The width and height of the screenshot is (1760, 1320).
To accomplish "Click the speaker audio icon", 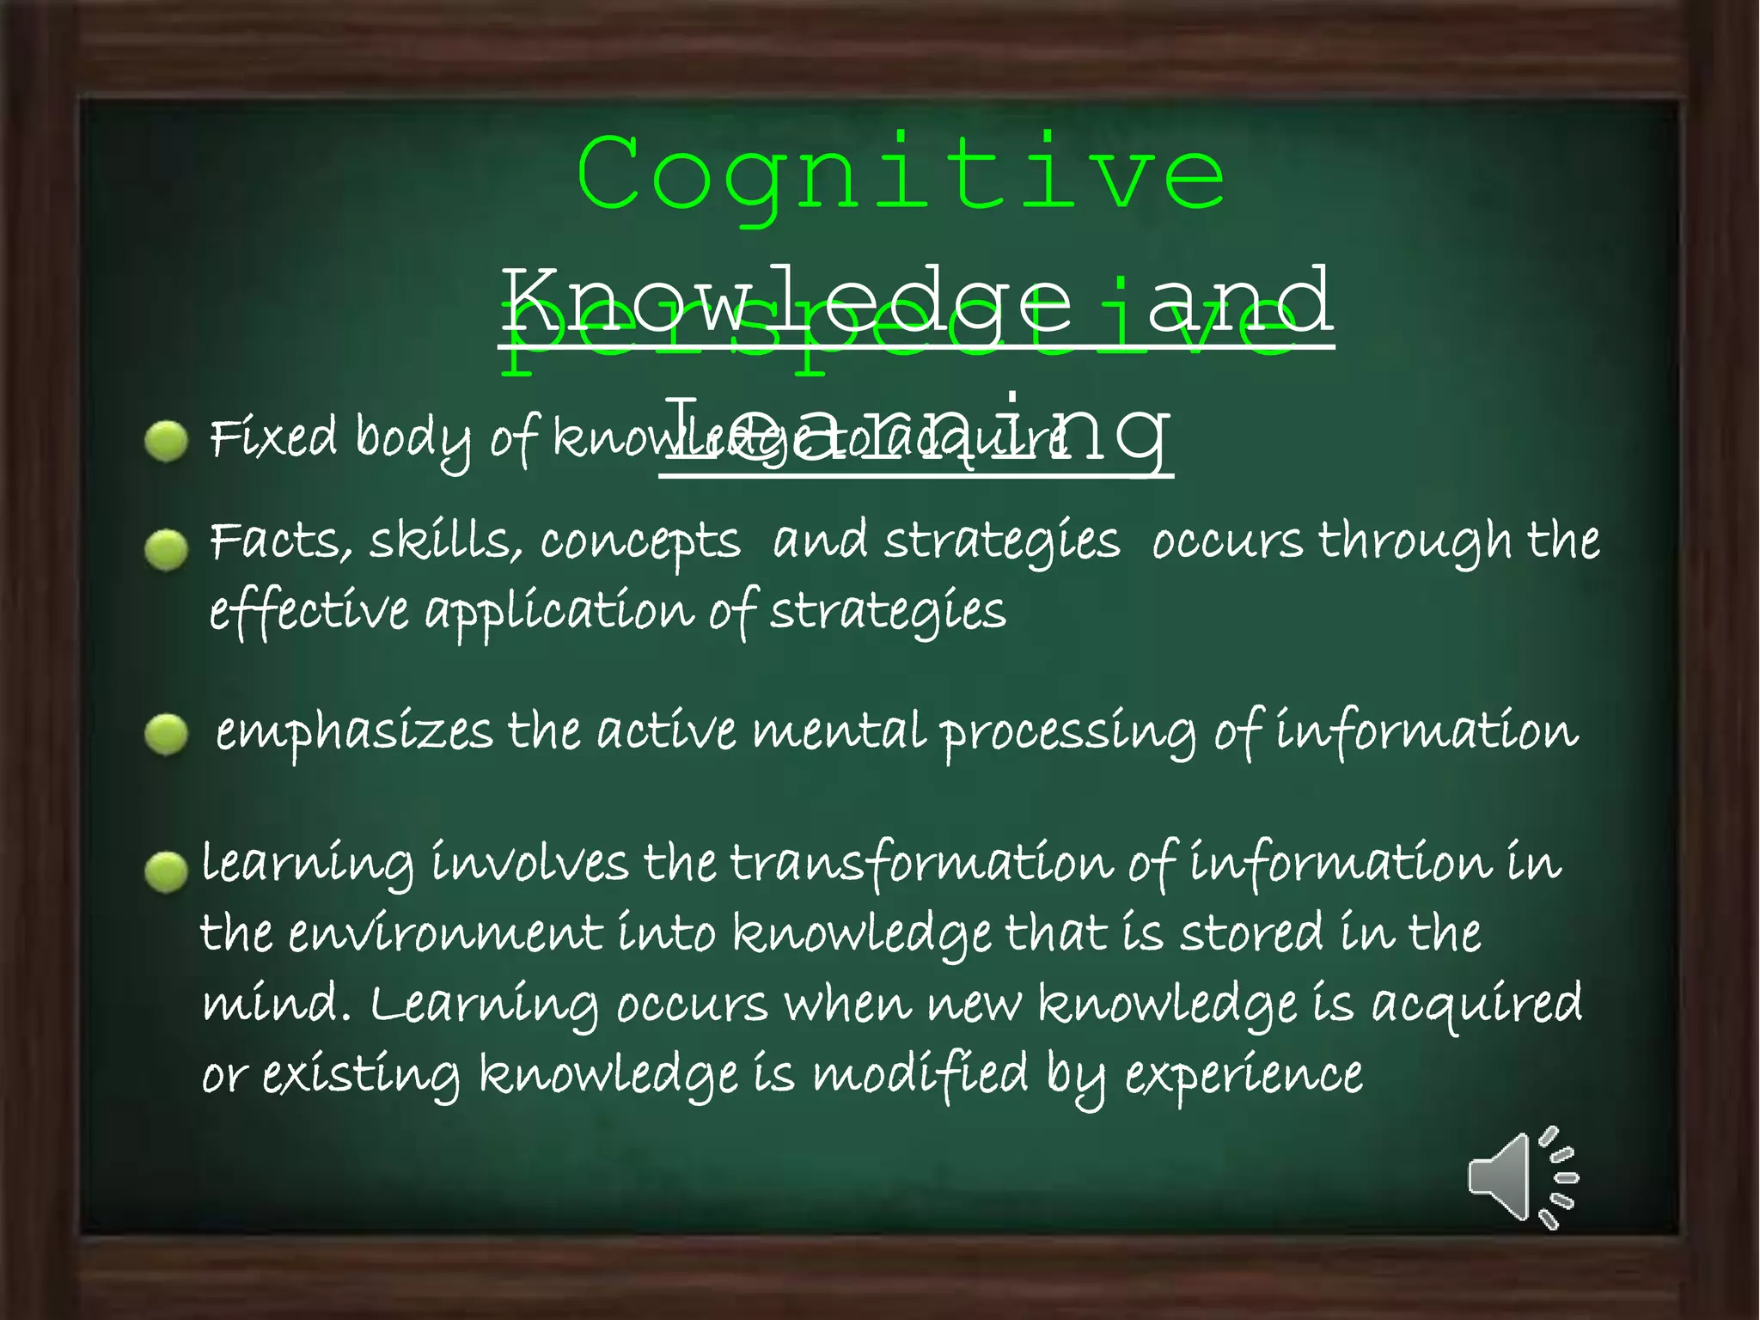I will coord(1522,1177).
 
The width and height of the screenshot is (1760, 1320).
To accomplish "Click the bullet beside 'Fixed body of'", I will coord(167,442).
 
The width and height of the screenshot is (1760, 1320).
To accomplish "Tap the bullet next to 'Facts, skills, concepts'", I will coord(167,550).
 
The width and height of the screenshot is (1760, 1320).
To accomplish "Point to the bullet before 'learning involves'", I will coord(167,872).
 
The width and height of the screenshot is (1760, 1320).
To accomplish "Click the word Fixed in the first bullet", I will coord(273,437).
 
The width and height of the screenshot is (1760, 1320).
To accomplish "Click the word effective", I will coord(309,612).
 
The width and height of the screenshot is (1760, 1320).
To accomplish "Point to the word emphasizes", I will coord(354,733).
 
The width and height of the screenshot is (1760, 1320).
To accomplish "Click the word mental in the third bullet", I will coord(839,731).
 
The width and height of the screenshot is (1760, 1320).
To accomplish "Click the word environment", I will coord(445,934).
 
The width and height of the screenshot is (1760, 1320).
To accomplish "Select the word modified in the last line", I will coord(920,1074).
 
